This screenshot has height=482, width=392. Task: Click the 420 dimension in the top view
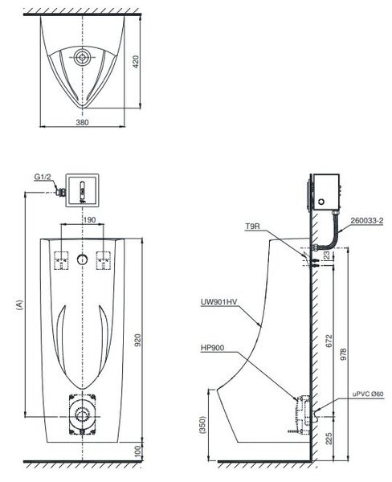[x=136, y=62]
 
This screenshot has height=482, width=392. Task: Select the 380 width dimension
[x=82, y=122]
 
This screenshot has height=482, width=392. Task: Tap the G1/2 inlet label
[x=42, y=177]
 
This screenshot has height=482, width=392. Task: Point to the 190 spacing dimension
[x=89, y=220]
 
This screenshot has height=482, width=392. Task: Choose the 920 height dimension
[x=138, y=340]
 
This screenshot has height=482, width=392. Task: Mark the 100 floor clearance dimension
[x=138, y=451]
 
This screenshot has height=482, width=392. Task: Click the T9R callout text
[x=252, y=227]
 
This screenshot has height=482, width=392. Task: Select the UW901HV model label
[x=219, y=302]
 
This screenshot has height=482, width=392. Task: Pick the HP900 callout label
[x=212, y=348]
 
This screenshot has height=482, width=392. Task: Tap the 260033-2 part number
[x=367, y=221]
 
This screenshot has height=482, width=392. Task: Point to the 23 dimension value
[x=326, y=255]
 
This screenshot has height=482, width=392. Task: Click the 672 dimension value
[x=329, y=341]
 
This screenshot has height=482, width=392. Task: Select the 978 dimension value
[x=344, y=354]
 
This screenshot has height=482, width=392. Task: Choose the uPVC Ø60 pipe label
[x=368, y=394]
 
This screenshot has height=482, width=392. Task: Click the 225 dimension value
[x=329, y=439]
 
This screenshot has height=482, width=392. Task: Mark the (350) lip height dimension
[x=202, y=424]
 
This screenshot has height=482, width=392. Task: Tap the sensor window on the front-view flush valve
[x=83, y=191]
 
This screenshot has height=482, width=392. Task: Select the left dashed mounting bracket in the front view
[x=61, y=260]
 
